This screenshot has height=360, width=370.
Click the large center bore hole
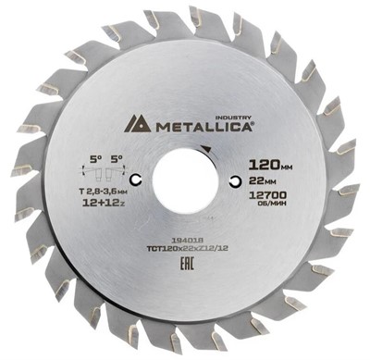(x=184, y=180)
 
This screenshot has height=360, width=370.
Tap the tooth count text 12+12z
(x=95, y=200)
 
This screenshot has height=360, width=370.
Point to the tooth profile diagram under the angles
(x=96, y=171)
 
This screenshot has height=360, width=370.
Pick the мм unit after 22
(x=281, y=183)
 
